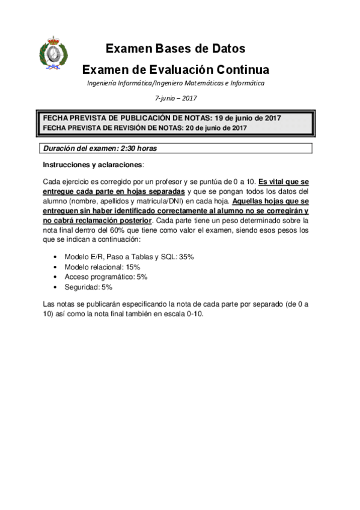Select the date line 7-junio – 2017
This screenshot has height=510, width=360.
(175, 97)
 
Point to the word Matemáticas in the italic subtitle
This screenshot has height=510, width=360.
(207, 83)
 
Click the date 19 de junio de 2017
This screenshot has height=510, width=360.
(248, 118)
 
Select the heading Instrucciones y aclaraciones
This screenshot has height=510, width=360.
(93, 164)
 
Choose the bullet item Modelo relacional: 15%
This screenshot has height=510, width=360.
(102, 266)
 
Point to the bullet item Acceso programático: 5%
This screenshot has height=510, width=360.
(106, 277)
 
